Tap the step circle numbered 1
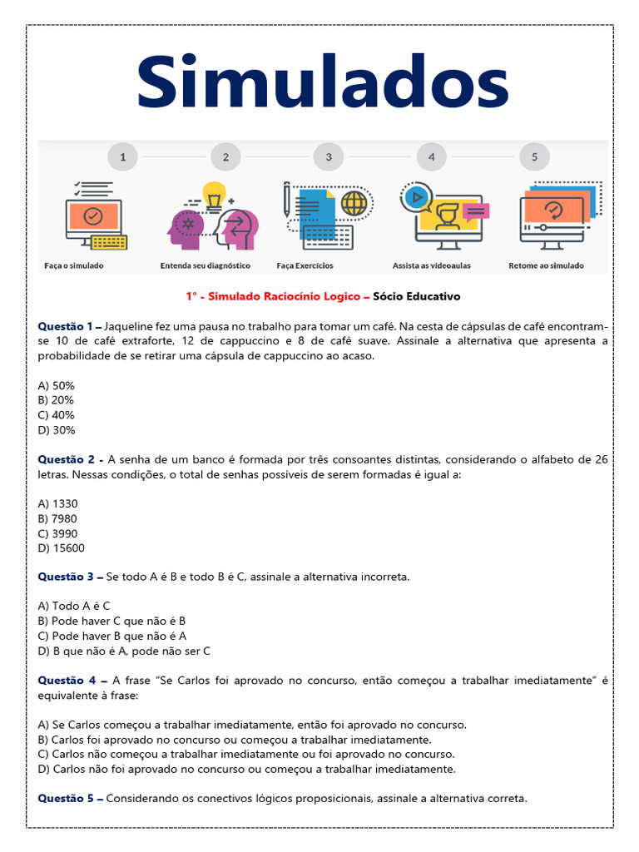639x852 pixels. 122,156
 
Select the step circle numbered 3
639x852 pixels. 329,156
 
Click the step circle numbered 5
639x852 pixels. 534,156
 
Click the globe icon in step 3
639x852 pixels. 354,203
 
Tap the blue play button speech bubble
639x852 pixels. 415,197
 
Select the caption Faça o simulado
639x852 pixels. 74,266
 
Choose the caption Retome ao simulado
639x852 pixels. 546,266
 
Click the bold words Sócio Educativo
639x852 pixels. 416,296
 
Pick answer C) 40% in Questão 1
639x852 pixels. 57,415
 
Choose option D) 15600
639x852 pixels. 62,548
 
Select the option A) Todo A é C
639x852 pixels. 74,606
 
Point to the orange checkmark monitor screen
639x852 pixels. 93,216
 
